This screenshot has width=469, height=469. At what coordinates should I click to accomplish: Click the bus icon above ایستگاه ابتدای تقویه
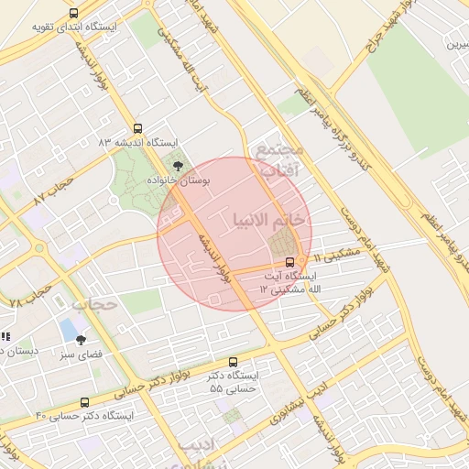coord(73,13)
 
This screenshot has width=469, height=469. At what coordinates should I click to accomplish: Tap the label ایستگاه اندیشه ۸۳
coord(138,143)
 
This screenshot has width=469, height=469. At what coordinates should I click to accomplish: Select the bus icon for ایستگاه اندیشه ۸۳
coord(138,128)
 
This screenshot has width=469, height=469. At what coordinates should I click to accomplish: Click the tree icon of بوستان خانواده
coord(178,166)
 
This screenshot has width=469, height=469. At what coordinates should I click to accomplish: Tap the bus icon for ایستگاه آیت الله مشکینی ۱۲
coord(291,261)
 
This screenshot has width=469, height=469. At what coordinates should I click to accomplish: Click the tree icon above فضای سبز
coord(81,339)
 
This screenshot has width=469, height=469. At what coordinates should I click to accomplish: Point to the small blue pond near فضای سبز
coord(69,328)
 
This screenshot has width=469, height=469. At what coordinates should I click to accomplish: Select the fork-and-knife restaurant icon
coord(5,337)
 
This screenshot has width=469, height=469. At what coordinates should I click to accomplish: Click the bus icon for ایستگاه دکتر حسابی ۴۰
coord(85,402)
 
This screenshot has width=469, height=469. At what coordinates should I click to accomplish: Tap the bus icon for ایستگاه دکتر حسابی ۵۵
coord(233,362)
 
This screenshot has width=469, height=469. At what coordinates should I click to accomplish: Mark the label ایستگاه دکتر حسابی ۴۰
coord(85,416)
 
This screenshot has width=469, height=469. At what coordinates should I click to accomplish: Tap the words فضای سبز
coord(81,354)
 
